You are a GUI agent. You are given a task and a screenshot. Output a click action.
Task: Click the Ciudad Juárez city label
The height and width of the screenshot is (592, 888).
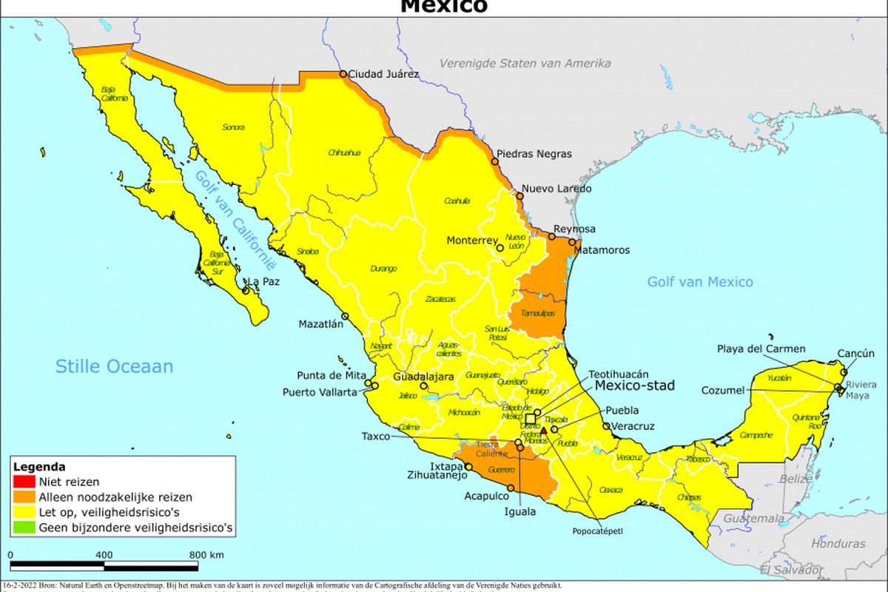pyautogui.click(x=383, y=74)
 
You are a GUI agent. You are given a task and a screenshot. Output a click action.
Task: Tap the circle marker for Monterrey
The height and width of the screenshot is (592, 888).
pyautogui.click(x=500, y=248)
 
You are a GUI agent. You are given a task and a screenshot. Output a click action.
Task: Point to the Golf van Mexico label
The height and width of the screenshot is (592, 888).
pyautogui.click(x=700, y=282)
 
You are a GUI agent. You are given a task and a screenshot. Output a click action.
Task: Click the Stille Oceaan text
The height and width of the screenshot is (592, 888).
pyautogui.click(x=115, y=366)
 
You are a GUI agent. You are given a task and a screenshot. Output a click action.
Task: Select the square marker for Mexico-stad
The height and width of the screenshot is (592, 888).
pyautogui.click(x=531, y=419)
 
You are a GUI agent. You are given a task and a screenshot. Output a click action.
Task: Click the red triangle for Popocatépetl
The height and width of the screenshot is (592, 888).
pyautogui.click(x=544, y=430)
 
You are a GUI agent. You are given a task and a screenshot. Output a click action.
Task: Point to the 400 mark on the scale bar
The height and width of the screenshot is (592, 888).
pyautogui.click(x=104, y=555)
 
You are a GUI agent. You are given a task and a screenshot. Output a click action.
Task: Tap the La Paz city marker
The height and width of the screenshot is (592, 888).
pyautogui.click(x=246, y=290)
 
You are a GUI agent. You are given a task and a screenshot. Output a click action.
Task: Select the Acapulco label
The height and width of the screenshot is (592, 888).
pyautogui.click(x=487, y=496)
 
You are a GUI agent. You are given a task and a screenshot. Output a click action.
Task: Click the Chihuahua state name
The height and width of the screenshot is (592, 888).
pyautogui.click(x=344, y=152)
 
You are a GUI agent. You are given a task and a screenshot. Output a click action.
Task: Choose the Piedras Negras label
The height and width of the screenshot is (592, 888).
pyautogui.click(x=534, y=154)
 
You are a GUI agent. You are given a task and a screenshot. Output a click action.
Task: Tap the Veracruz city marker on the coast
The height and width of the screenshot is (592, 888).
pyautogui.click(x=606, y=426)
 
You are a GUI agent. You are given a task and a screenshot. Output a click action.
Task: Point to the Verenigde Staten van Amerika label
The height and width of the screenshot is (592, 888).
pyautogui.click(x=525, y=64)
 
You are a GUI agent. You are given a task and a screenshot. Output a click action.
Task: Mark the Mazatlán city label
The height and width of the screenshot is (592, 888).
pyautogui.click(x=320, y=323)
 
